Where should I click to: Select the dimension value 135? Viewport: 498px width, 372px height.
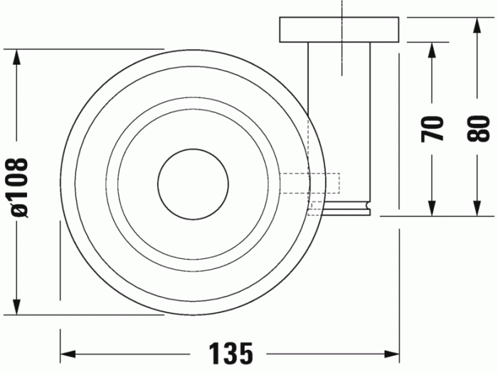231,351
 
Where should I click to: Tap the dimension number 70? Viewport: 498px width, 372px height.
433,129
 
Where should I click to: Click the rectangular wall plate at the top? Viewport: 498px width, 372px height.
339,28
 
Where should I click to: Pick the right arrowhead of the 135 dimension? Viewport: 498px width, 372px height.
392,352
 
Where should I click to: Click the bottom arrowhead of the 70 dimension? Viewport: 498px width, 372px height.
432,208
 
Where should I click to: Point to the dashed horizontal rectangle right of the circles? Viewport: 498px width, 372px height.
311,184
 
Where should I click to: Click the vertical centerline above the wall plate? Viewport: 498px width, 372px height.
342,9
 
